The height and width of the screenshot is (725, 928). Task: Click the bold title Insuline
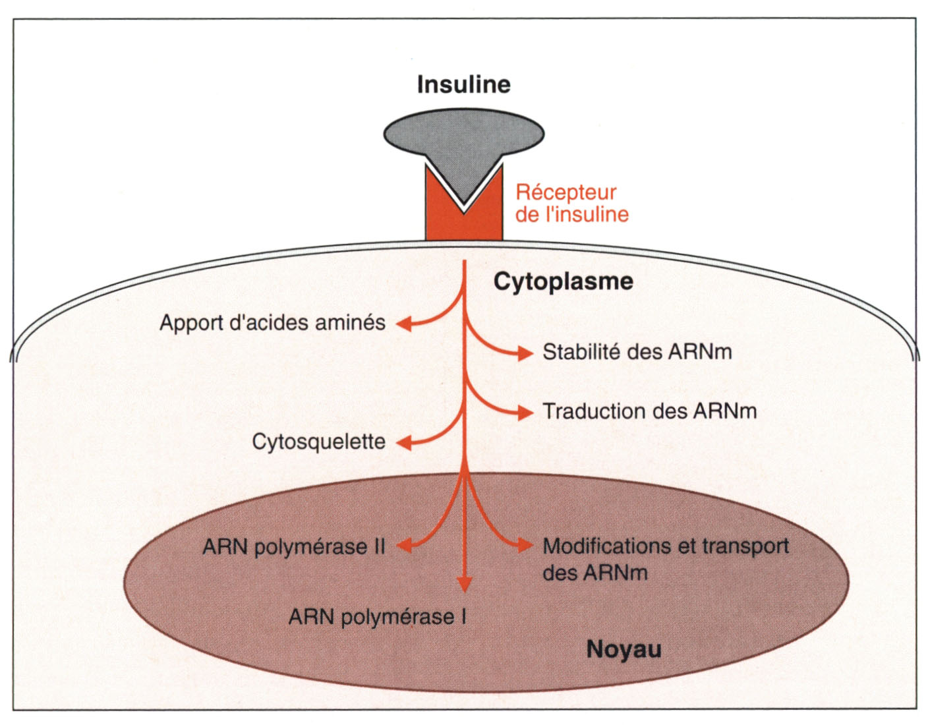pyautogui.click(x=463, y=84)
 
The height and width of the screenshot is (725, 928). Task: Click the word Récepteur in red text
pyautogui.click(x=565, y=192)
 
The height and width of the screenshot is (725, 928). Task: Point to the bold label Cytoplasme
pyautogui.click(x=563, y=281)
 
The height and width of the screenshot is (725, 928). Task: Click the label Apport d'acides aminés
pyautogui.click(x=272, y=323)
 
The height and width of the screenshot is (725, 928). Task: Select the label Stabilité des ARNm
pyautogui.click(x=637, y=352)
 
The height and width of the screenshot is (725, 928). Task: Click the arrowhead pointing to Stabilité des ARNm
pyautogui.click(x=525, y=353)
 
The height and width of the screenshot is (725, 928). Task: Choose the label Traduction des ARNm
pyautogui.click(x=649, y=411)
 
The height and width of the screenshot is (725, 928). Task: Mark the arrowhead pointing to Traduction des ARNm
pyautogui.click(x=525, y=413)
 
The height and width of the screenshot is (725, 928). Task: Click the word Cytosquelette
pyautogui.click(x=318, y=442)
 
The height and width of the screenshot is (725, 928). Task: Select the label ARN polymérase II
pyautogui.click(x=293, y=547)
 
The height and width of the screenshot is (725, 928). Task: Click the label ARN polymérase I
pyautogui.click(x=378, y=617)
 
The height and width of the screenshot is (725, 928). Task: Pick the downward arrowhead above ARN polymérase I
pyautogui.click(x=465, y=583)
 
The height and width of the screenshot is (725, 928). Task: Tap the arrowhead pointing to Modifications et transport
pyautogui.click(x=525, y=546)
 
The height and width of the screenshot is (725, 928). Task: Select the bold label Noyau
pyautogui.click(x=623, y=649)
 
